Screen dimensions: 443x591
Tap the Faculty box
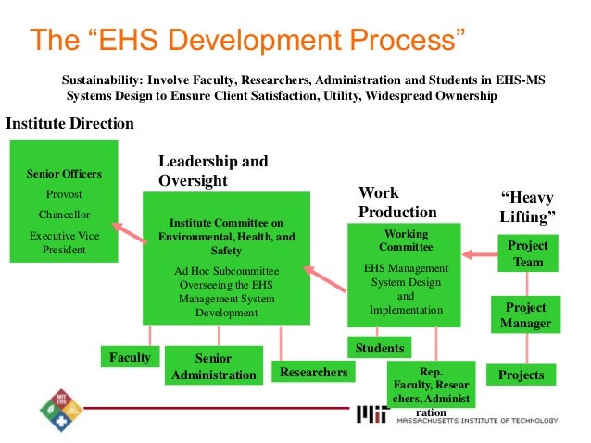130,356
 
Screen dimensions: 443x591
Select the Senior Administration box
213,366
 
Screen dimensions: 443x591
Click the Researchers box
313,372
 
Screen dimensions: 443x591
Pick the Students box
380,348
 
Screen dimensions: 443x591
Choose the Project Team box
528,253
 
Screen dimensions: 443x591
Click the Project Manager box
527,315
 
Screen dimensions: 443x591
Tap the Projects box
521,375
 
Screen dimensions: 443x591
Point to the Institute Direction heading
70,123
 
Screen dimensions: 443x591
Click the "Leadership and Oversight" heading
213,171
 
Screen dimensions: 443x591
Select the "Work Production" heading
396,203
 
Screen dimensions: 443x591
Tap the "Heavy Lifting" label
528,207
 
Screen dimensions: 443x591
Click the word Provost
64,194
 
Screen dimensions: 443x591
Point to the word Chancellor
64,215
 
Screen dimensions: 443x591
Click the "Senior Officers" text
64,174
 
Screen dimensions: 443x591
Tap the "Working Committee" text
406,240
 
